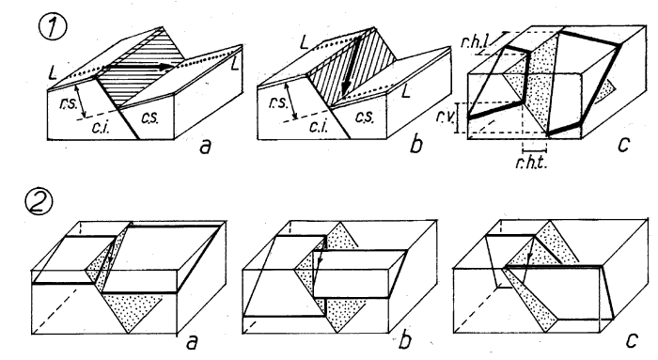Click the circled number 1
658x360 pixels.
52,26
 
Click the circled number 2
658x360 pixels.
39,202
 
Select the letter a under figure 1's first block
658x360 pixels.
205,147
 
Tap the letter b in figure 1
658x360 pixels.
415,144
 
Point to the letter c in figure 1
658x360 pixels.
624,145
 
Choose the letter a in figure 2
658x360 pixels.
191,342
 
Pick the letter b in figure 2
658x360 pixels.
404,340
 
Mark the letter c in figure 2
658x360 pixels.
632,340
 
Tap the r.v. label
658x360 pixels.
445,117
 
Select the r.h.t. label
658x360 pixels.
531,163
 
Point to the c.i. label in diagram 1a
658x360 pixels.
101,127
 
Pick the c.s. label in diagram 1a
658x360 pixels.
149,118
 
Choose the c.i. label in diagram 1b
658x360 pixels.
318,126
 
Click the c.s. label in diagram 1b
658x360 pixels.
364,117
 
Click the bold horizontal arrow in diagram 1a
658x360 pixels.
140,67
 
